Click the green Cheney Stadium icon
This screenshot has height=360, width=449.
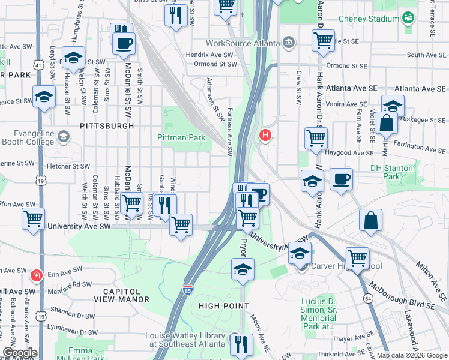tap(408, 18)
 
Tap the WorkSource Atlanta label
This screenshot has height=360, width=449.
tap(243, 43)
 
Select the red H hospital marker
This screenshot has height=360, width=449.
tap(265, 136)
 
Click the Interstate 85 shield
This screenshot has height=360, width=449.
tap(188, 291)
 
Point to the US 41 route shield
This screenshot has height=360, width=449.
tap(38, 63)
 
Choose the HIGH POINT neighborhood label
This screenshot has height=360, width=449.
tap(223, 306)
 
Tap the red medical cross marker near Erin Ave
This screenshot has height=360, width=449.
tap(37, 276)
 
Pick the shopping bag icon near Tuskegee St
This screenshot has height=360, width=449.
tap(388, 124)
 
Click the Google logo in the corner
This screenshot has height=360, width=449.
tap(19, 353)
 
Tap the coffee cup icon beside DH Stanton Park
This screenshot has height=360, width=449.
tap(341, 179)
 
